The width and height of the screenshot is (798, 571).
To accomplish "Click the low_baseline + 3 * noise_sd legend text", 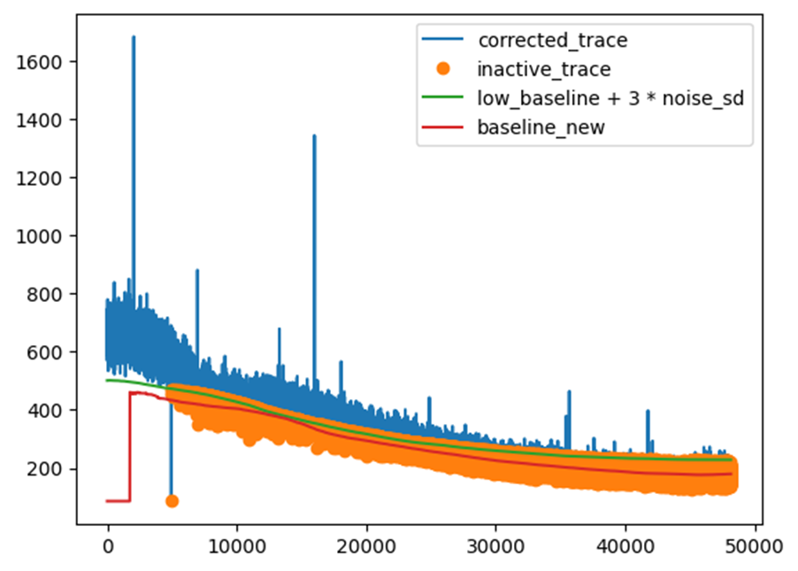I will pyautogui.click(x=610, y=98).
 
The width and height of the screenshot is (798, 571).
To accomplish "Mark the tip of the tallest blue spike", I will pyautogui.click(x=134, y=37).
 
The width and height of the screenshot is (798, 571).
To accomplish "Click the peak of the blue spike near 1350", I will pyautogui.click(x=314, y=136).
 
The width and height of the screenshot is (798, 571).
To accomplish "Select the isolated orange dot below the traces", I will pyautogui.click(x=172, y=501).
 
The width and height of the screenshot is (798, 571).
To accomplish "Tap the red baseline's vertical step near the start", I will pyautogui.click(x=131, y=447).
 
